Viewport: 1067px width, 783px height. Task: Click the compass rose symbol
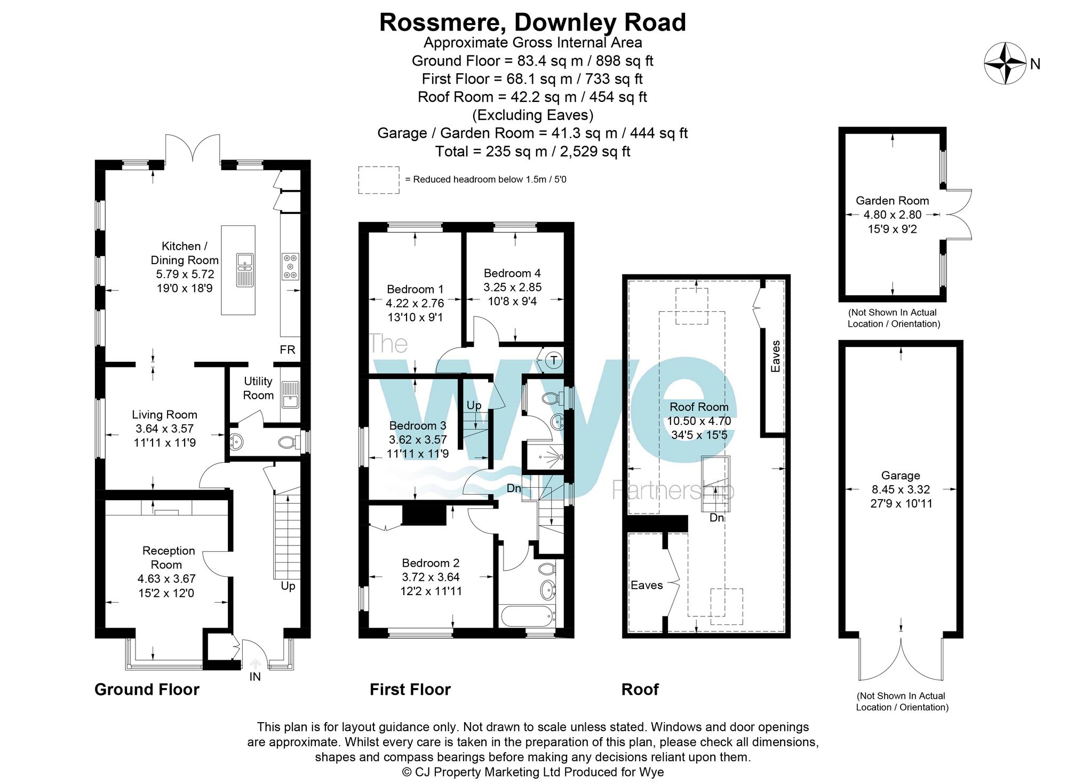tap(1005, 64)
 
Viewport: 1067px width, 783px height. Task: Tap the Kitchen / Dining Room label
tap(185, 253)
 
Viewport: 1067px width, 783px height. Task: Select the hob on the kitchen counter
tap(290, 266)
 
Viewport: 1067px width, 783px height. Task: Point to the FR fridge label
tap(287, 350)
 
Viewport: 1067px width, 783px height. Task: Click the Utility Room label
tap(258, 388)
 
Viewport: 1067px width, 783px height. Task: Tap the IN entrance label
tap(255, 676)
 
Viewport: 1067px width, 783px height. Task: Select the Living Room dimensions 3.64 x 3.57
tap(164, 429)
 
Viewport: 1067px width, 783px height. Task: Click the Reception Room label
tap(168, 557)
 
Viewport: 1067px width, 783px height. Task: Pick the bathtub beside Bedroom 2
tap(527, 616)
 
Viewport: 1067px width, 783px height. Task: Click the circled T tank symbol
tap(554, 360)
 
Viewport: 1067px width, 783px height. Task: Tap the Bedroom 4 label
tap(512, 273)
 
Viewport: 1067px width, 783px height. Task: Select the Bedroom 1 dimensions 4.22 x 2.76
tap(415, 303)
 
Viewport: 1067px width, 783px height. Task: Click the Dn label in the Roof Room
tap(716, 518)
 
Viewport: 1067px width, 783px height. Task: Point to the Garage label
tap(901, 475)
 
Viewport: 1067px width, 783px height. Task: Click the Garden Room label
tap(892, 201)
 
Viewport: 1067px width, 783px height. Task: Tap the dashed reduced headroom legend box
tap(378, 180)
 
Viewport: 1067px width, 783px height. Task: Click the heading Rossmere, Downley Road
tap(532, 22)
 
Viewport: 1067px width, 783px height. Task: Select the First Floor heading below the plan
tap(410, 689)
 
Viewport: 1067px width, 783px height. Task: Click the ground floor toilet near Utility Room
tap(288, 442)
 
